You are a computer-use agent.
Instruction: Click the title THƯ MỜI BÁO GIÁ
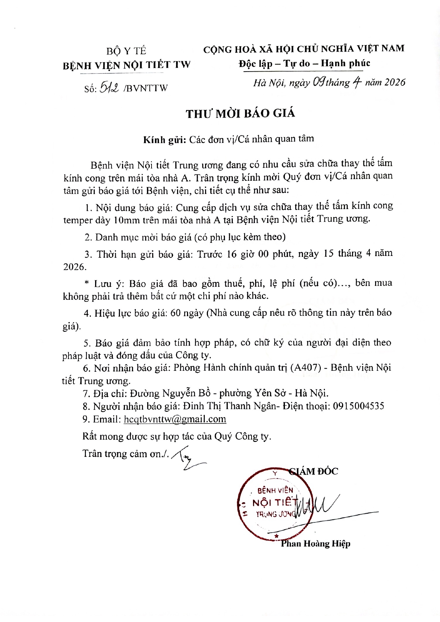point(241,113)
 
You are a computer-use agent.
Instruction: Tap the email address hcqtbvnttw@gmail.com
point(175,419)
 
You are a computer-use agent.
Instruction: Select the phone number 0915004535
point(358,406)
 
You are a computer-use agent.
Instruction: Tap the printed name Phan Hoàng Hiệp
point(315,544)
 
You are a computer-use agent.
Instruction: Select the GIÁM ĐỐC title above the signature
point(314,471)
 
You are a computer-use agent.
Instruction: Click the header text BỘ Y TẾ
point(126,51)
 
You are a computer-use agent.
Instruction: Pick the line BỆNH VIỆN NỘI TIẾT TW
point(127,65)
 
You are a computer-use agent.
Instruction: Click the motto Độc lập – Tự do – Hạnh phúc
point(304,63)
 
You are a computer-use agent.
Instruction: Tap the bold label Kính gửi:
point(165,139)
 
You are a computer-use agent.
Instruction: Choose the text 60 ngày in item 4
point(187,313)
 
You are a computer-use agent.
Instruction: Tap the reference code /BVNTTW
point(145,88)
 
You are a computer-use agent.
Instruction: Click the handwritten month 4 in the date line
point(356,83)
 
